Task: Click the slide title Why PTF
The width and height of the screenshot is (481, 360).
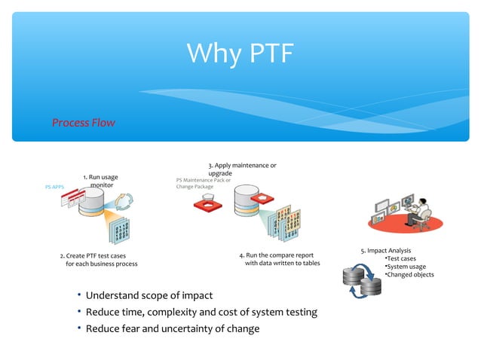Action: (240, 53)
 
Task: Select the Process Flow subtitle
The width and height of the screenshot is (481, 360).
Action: (83, 122)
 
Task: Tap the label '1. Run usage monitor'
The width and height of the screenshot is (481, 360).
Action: (100, 181)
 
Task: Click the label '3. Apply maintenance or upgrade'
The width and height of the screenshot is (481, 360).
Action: (241, 169)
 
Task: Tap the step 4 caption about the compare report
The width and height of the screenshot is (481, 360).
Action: (277, 260)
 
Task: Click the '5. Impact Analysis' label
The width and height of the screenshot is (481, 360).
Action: (385, 250)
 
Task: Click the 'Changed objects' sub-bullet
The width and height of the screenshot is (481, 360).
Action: (409, 275)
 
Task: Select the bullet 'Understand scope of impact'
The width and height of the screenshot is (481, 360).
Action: (149, 295)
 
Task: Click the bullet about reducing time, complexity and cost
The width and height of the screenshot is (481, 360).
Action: (201, 312)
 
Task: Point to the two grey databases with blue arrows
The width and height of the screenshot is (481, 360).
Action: (362, 281)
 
